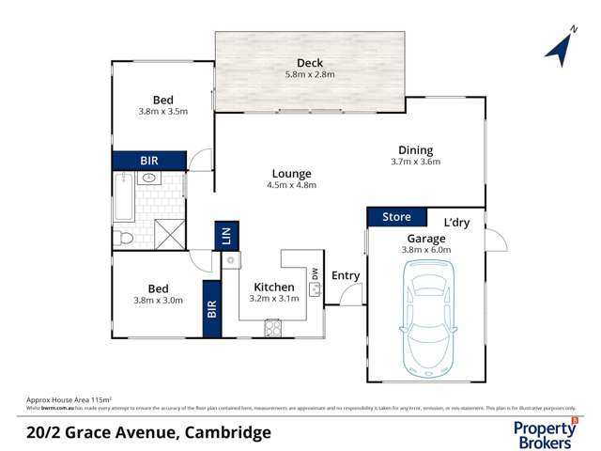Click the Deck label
[x=310, y=63]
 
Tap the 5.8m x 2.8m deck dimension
[x=310, y=75]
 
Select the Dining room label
[x=415, y=150]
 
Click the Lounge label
[x=291, y=174]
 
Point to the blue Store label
[x=396, y=218]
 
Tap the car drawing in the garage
[x=426, y=316]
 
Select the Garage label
[x=427, y=239]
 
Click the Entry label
[x=346, y=275]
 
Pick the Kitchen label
[x=273, y=287]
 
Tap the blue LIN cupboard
[x=226, y=234]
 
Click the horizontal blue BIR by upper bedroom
[x=148, y=161]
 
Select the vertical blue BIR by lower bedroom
[x=211, y=308]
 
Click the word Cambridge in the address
[x=229, y=433]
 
